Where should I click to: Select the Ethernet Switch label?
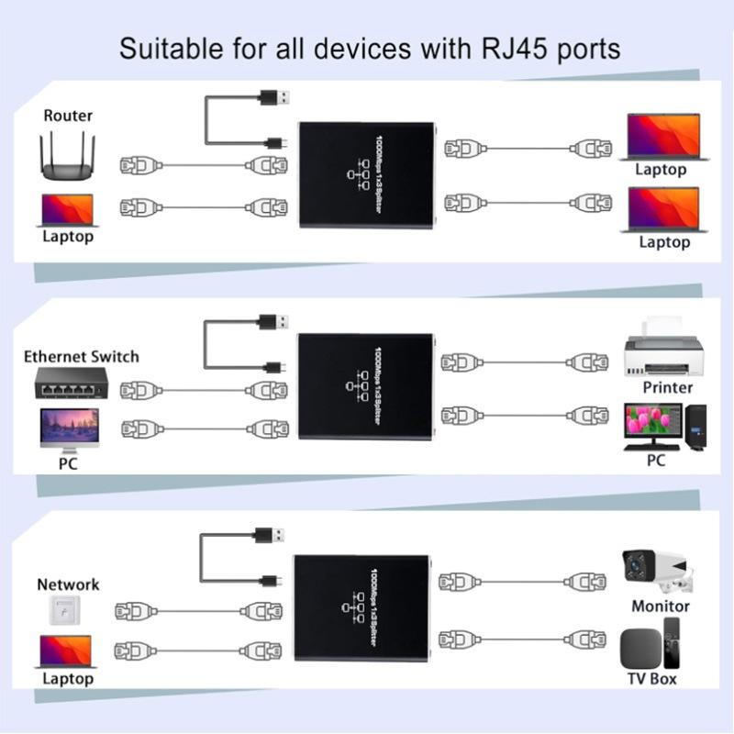82,356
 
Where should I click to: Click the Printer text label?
667,387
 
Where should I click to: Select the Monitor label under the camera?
660,606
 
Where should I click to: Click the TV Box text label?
650,678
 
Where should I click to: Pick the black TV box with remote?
651,646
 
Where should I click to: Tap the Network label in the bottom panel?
68,584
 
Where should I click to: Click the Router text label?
68,116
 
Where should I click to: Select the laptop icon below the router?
68,209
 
